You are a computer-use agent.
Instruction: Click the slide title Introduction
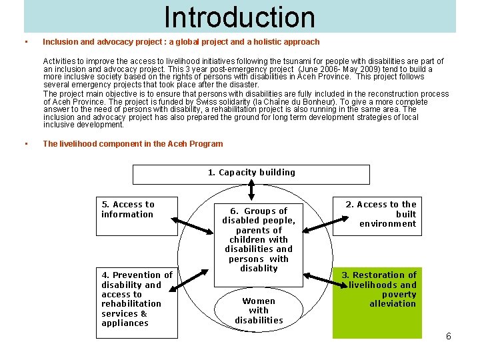tap(239, 17)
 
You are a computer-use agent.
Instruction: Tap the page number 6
tap(449, 337)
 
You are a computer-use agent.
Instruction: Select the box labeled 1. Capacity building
tap(251, 173)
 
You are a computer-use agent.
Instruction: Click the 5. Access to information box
tap(136, 217)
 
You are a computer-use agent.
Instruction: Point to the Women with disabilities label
tap(259, 311)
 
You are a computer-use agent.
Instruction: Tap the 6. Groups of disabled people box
tap(259, 239)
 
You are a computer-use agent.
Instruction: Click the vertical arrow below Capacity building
tap(251, 191)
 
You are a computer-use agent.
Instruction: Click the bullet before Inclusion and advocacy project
tap(25, 42)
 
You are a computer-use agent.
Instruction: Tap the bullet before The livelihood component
tap(25, 144)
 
